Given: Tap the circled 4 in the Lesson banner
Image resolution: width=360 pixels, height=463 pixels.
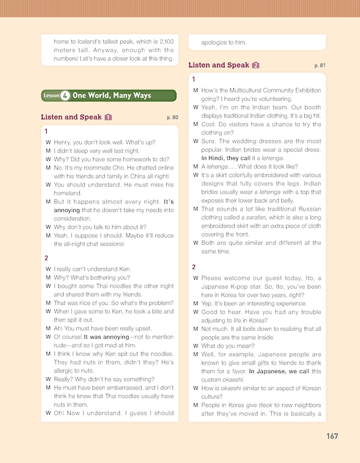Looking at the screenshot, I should click(x=65, y=95).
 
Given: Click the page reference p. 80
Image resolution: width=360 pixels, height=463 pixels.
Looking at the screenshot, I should click(x=172, y=118).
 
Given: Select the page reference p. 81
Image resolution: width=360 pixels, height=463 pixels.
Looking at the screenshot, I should click(x=319, y=65).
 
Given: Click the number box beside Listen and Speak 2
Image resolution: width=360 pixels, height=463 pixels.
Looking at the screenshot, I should click(x=256, y=65).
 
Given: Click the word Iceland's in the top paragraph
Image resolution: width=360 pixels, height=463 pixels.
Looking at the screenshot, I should click(x=89, y=41).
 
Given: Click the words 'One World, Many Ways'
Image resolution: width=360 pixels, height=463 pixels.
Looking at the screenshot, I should click(x=112, y=95).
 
